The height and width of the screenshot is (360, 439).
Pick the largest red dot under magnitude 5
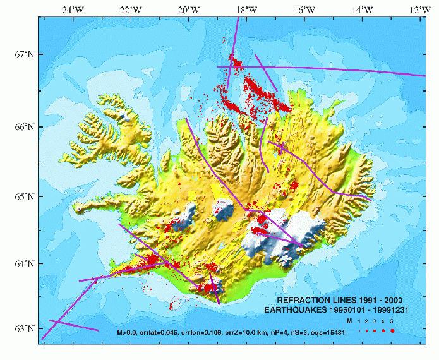pos(392,331)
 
